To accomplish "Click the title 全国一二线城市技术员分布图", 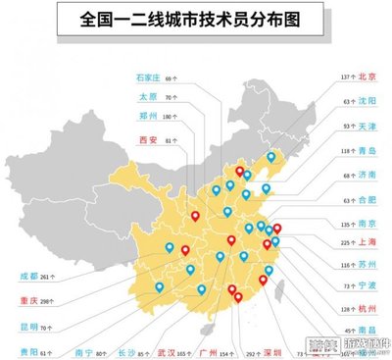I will point(196,19).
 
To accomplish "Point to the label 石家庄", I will point(148,77).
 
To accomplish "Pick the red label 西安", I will point(148,140).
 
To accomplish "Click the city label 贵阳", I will point(28,350).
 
